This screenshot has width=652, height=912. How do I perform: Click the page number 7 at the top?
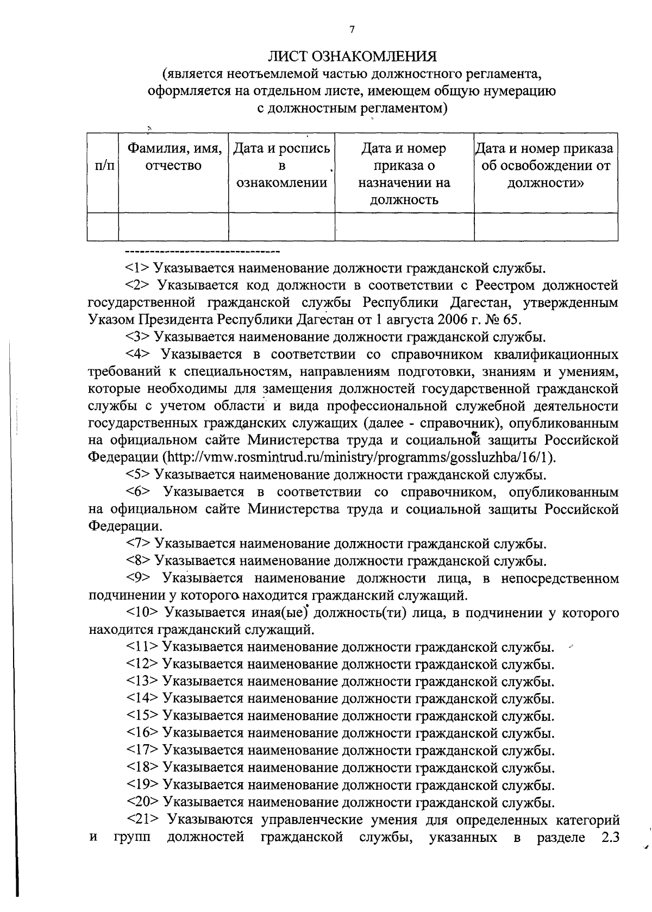tap(352, 30)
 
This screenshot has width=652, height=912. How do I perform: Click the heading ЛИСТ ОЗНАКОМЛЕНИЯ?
tap(352, 56)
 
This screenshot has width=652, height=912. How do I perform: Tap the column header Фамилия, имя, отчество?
tap(174, 157)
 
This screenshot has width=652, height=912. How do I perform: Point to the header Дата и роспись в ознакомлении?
tap(281, 166)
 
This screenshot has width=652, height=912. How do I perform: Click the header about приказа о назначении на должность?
tap(404, 174)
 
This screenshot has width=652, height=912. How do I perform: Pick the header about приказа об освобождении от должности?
tap(546, 166)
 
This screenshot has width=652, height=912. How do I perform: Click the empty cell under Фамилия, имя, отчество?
tap(174, 227)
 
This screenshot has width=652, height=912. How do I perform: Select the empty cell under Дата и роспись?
tap(281, 227)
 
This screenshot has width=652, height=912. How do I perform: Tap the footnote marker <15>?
tap(142, 716)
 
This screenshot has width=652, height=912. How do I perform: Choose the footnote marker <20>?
tap(142, 802)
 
